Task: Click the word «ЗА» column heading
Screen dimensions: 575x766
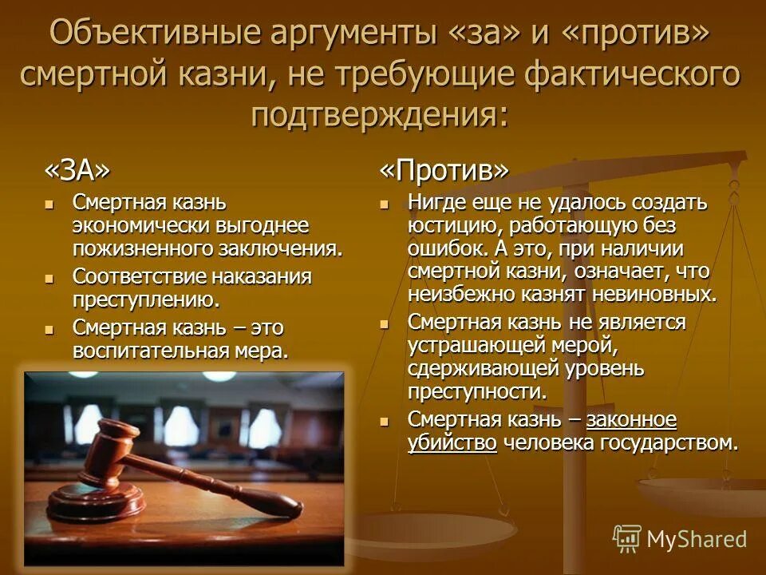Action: pyautogui.click(x=77, y=169)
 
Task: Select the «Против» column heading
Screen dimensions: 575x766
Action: pyautogui.click(x=443, y=169)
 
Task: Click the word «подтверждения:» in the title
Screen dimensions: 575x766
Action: pyautogui.click(x=379, y=114)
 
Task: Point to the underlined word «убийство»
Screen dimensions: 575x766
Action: pyautogui.click(x=452, y=443)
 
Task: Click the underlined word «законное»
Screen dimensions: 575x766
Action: pyautogui.click(x=631, y=419)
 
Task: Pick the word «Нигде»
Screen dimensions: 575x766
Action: pyautogui.click(x=435, y=202)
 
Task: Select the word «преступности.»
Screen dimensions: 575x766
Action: pyautogui.click(x=477, y=392)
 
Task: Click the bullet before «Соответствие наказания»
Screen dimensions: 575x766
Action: pyautogui.click(x=50, y=278)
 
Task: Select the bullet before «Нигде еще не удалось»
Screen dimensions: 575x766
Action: pyautogui.click(x=385, y=203)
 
